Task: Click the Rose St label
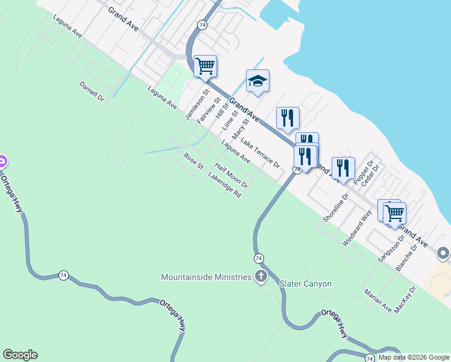click(x=194, y=161)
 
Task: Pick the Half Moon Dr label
click(x=232, y=176)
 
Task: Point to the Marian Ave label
click(x=378, y=301)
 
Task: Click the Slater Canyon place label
click(x=306, y=284)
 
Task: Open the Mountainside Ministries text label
click(x=206, y=277)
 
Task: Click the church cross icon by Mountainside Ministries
click(x=260, y=277)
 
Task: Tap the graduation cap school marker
click(x=257, y=81)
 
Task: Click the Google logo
click(x=20, y=355)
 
